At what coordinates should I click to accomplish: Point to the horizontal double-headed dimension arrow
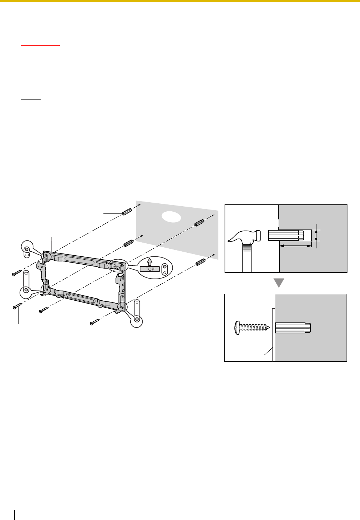click(295, 246)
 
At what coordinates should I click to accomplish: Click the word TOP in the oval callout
click(150, 269)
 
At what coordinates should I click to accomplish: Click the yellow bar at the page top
click(180, 1)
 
